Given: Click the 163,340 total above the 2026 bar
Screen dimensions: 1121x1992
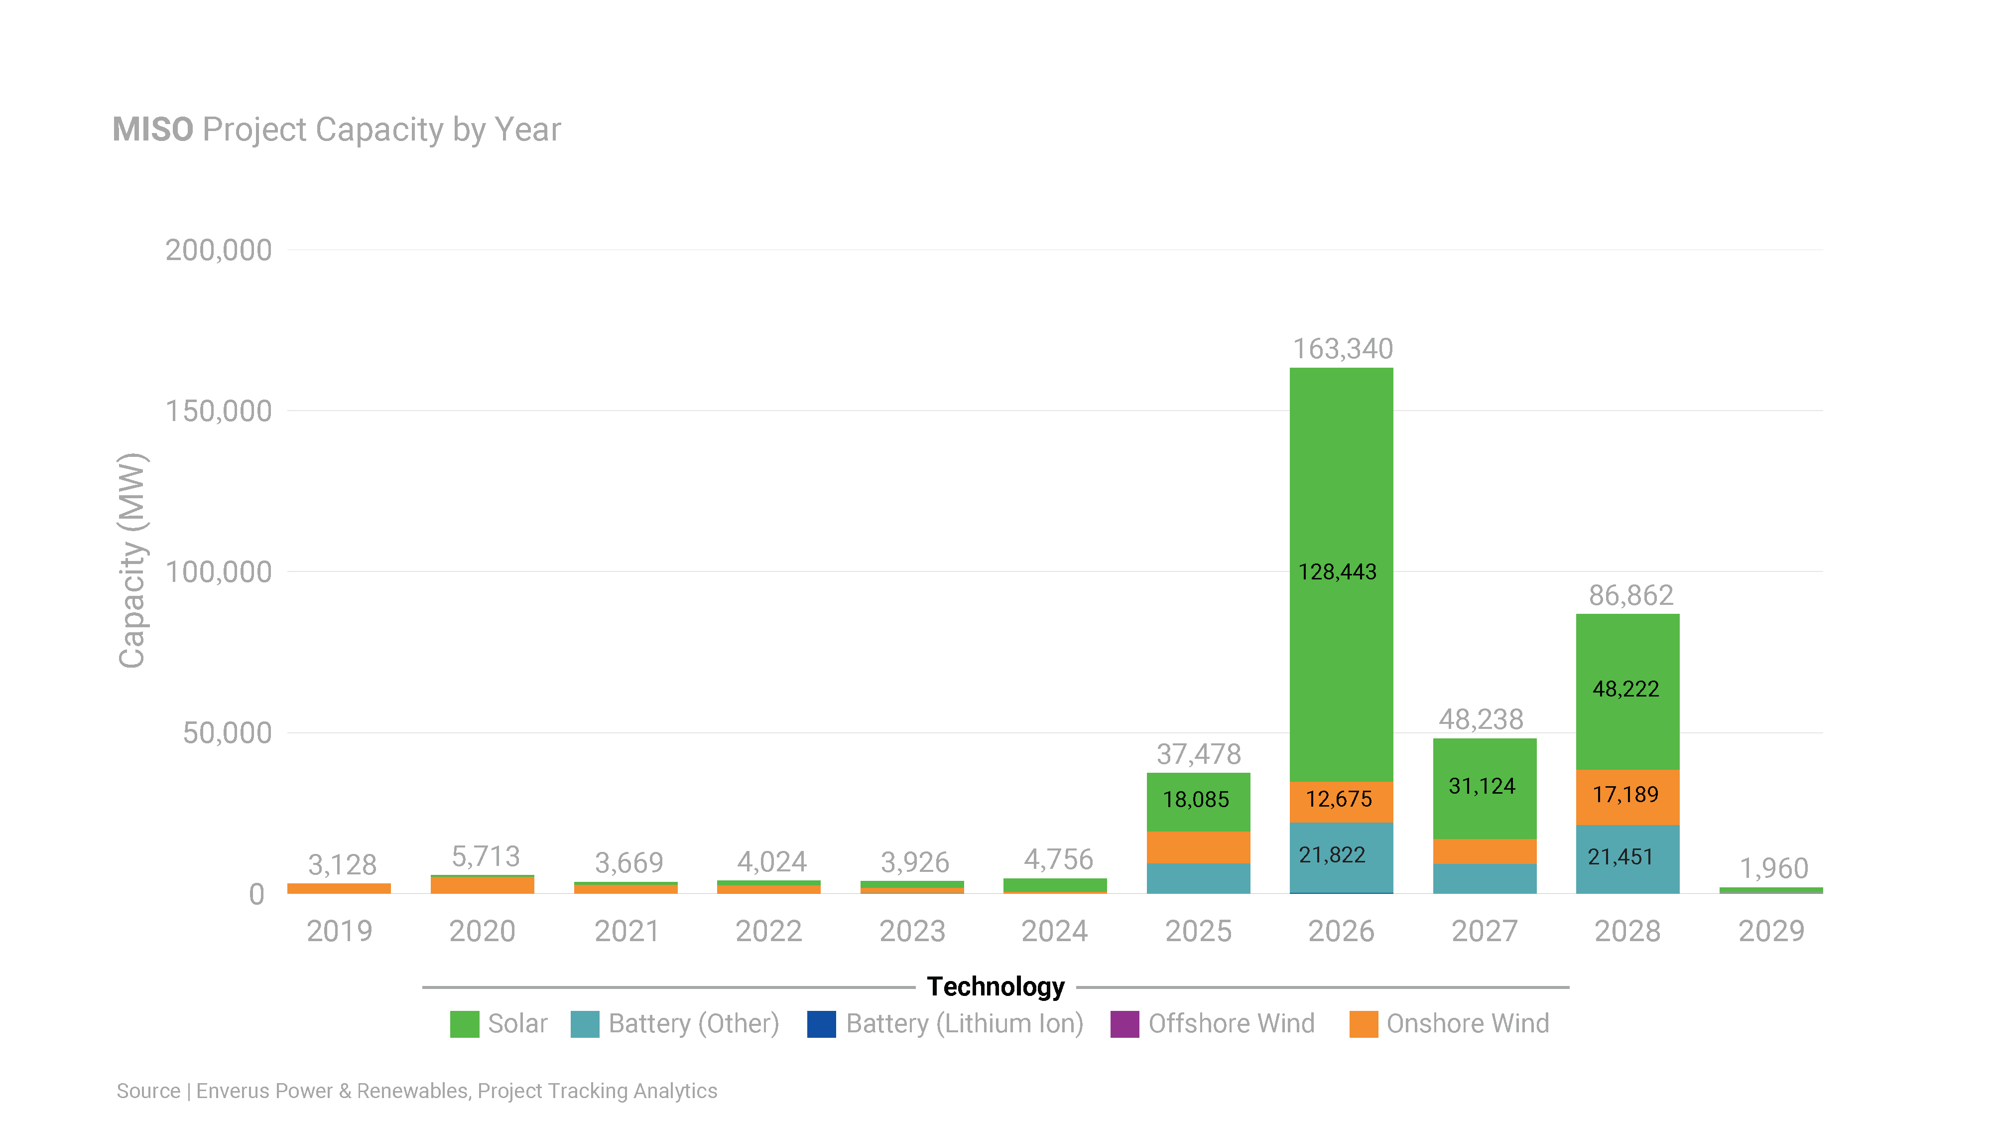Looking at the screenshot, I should [x=1343, y=349].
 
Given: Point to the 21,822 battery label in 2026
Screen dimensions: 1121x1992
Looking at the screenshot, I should [x=1332, y=855].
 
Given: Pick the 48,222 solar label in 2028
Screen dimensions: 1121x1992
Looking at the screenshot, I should [x=1625, y=689].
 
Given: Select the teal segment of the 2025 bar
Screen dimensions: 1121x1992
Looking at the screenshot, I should [x=1198, y=878].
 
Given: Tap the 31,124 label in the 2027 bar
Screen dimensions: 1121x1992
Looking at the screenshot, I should [x=1482, y=786].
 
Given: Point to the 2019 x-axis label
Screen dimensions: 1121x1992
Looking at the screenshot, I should [x=340, y=931].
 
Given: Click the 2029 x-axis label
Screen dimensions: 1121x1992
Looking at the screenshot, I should [x=1771, y=931].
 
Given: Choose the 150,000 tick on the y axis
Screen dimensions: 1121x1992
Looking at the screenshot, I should [x=219, y=412].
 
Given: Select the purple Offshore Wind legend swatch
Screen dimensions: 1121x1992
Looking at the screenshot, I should [x=1124, y=1023].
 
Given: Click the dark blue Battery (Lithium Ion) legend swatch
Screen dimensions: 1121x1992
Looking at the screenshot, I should [x=821, y=1023].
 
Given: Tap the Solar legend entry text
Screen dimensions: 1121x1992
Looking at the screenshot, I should [x=517, y=1023].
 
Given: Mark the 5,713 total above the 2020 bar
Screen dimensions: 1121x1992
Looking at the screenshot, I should [x=486, y=856].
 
